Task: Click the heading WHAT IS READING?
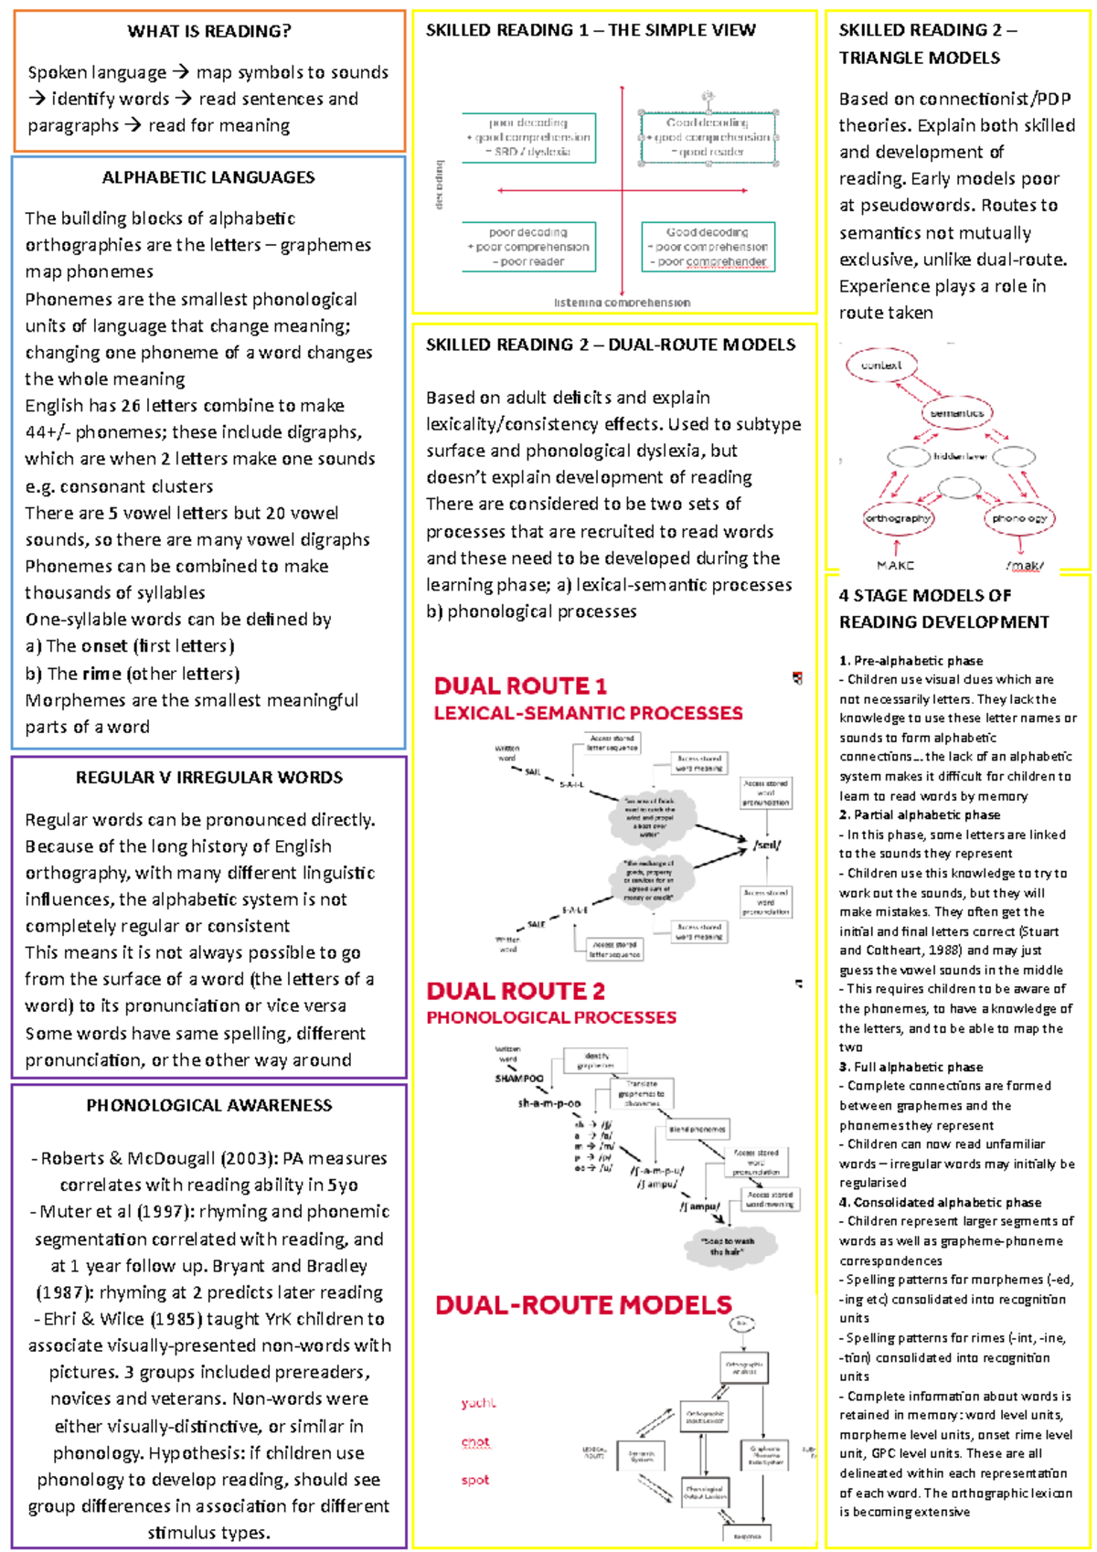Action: (209, 31)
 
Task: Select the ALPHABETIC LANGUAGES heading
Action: (208, 177)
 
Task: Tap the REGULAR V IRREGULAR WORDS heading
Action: (209, 778)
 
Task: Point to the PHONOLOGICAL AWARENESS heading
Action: (209, 1105)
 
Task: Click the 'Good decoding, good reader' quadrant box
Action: (708, 137)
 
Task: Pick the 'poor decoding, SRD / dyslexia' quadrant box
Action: (528, 137)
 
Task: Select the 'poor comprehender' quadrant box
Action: (708, 247)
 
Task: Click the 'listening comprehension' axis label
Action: (622, 303)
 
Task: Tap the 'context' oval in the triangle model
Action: (881, 366)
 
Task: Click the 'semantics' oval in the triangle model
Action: (957, 413)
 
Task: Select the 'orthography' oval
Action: (898, 518)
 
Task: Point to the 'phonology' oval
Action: (1019, 518)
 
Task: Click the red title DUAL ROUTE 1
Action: (520, 686)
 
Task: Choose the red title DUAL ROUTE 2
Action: (516, 991)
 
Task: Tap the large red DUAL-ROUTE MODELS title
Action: (583, 1305)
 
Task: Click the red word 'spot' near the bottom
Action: (474, 1480)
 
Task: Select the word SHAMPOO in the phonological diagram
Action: (519, 1079)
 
